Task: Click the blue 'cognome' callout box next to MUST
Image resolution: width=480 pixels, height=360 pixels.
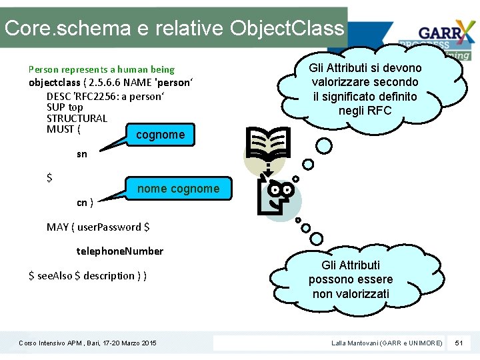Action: click(x=160, y=135)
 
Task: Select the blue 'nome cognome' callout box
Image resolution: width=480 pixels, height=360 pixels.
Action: click(x=178, y=189)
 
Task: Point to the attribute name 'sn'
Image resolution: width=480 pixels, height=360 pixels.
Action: click(x=81, y=154)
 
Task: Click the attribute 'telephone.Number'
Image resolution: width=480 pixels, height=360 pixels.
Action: click(x=120, y=251)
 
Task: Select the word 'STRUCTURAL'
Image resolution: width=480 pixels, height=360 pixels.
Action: click(x=77, y=118)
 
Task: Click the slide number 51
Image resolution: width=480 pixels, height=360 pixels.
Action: click(x=458, y=343)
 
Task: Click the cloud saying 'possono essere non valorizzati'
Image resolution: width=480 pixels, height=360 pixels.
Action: click(x=351, y=279)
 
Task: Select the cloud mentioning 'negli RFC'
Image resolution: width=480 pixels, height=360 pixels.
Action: click(x=365, y=89)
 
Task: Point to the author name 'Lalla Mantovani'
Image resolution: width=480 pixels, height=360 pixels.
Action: click(x=357, y=343)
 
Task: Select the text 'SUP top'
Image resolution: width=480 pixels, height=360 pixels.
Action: click(x=65, y=107)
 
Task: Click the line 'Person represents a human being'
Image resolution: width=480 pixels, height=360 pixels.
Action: click(x=101, y=69)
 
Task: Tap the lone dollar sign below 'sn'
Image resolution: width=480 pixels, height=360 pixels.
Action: click(x=49, y=178)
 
